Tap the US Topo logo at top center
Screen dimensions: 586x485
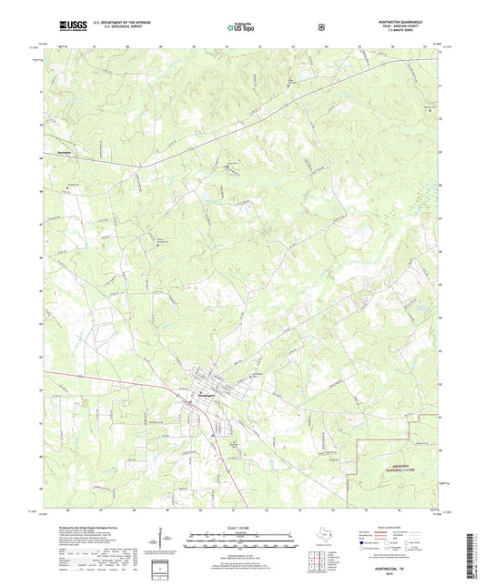click(240, 27)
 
